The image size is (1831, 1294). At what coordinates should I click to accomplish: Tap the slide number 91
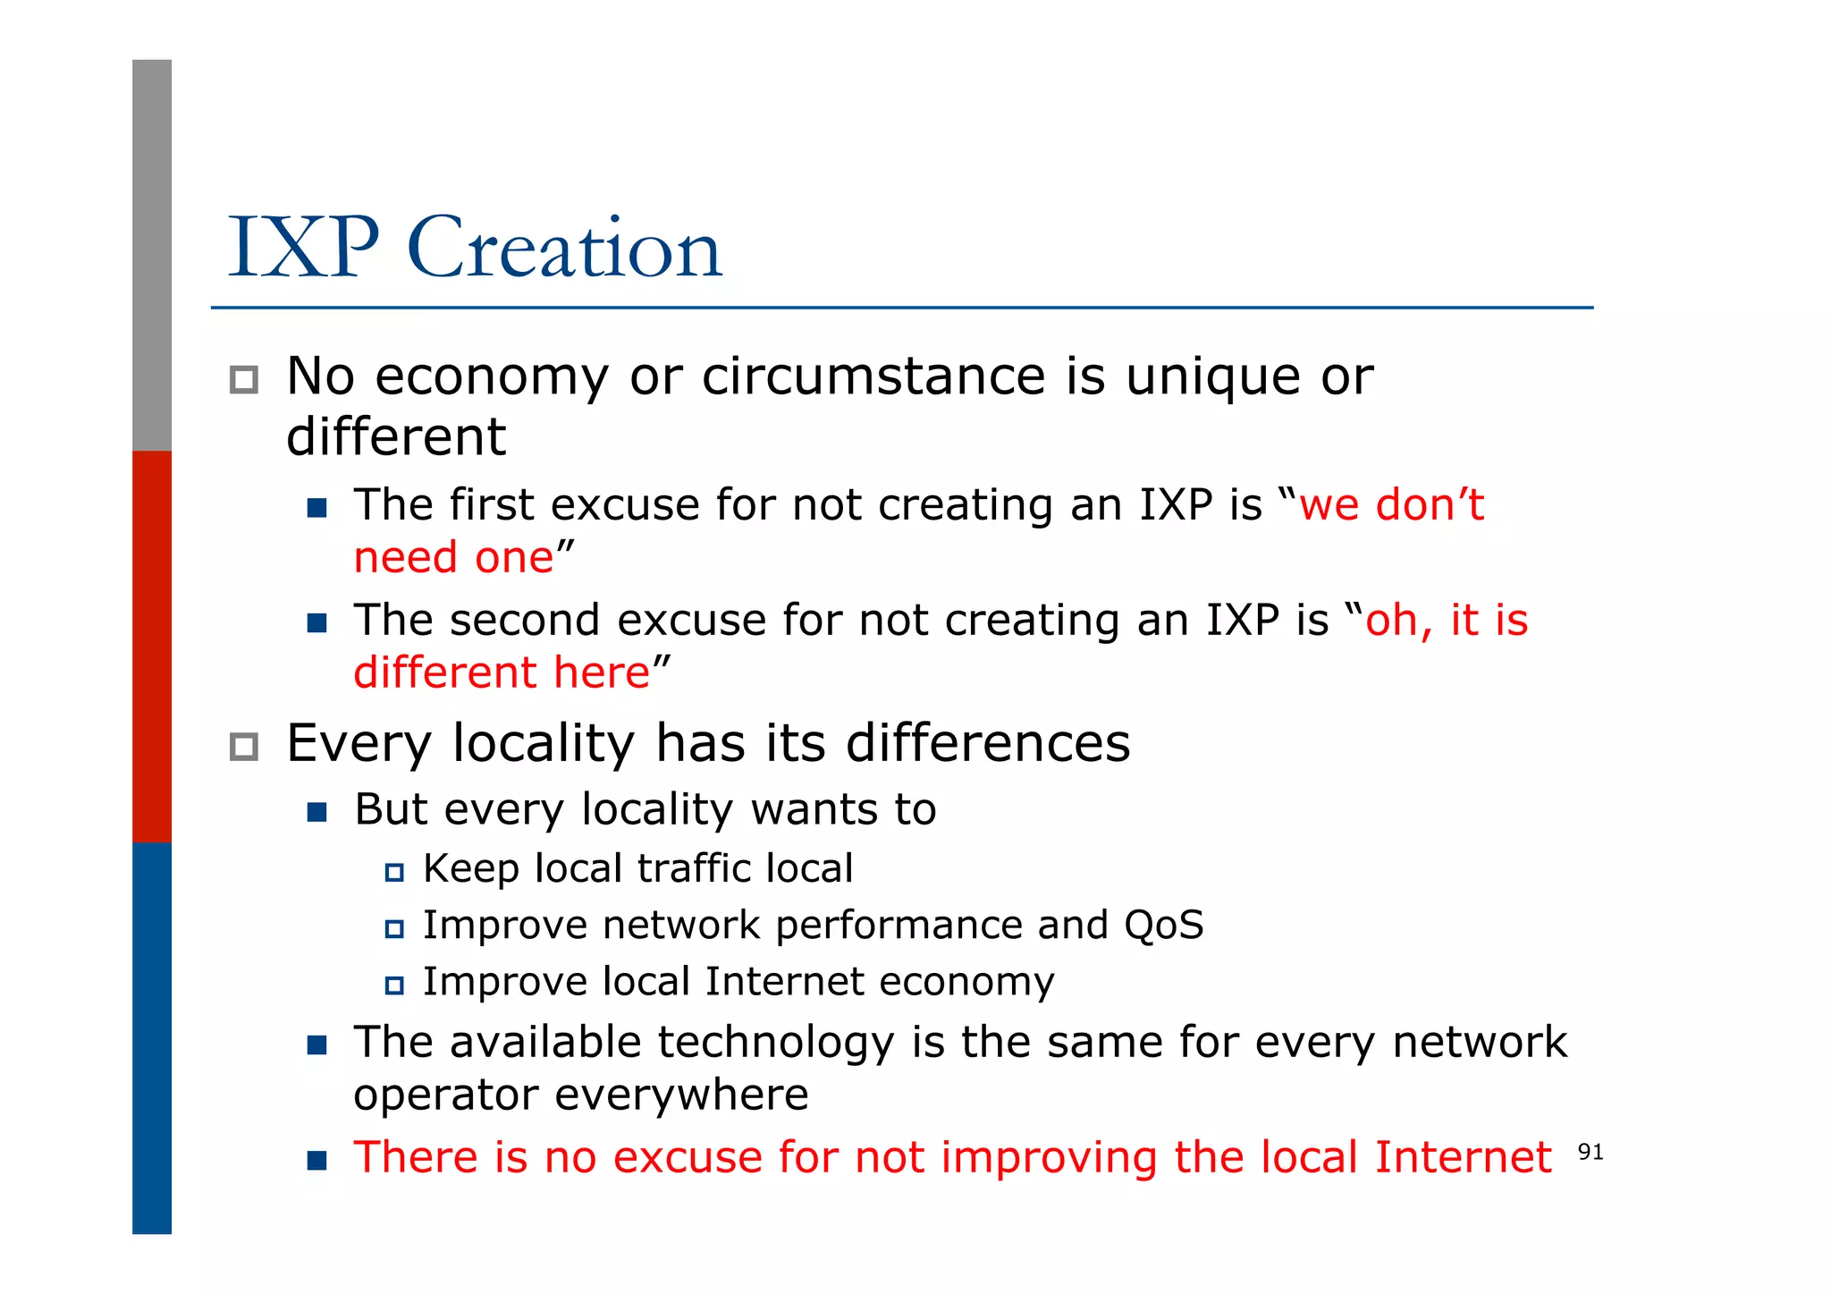1591,1152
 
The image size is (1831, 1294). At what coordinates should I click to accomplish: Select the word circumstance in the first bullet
873,376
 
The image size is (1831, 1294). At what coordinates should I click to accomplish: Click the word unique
1212,376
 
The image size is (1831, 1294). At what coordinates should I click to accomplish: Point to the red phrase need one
454,558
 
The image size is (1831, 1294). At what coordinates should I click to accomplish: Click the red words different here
502,672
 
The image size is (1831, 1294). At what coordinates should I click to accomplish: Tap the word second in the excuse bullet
524,620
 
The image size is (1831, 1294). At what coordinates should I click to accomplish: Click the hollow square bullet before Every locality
244,747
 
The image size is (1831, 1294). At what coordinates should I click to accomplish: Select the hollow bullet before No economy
244,380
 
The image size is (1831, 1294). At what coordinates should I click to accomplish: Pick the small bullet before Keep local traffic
394,872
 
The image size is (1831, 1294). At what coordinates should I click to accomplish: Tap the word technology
775,1043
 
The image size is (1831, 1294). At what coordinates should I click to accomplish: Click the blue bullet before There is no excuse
316,1161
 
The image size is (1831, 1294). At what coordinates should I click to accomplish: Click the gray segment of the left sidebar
152,255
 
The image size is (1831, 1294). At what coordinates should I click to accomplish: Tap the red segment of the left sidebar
152,646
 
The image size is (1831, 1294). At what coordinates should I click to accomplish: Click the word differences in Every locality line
988,743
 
